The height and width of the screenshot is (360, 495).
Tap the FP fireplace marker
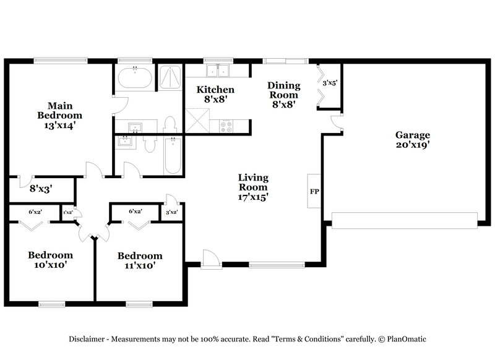point(314,191)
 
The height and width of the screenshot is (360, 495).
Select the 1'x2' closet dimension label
point(67,213)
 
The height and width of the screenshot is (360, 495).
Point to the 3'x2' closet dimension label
point(172,213)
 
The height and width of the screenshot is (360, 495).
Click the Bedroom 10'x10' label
point(50,260)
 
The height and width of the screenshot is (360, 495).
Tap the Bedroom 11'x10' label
point(140,260)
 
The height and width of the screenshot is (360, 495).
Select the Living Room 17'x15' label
point(253,187)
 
